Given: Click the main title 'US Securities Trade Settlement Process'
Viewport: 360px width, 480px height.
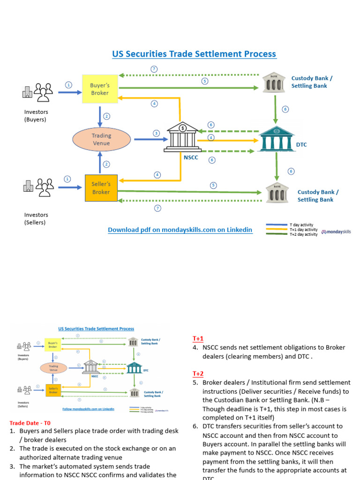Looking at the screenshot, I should pyautogui.click(x=194, y=54).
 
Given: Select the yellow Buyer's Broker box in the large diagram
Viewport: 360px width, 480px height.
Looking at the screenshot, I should pyautogui.click(x=99, y=89).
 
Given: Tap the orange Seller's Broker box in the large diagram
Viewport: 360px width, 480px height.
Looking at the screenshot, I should pyautogui.click(x=101, y=188).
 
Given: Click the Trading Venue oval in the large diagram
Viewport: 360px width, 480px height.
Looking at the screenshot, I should pyautogui.click(x=101, y=139).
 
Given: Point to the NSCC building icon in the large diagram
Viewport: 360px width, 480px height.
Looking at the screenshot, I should pyautogui.click(x=182, y=138).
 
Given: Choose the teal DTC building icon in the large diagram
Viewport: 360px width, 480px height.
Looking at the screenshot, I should pyautogui.click(x=277, y=139).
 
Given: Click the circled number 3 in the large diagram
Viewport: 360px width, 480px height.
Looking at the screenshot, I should pyautogui.click(x=157, y=134).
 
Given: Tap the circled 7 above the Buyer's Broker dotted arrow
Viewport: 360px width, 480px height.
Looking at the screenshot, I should pyautogui.click(x=154, y=69).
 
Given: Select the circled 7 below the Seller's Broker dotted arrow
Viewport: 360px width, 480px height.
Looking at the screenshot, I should pyautogui.click(x=157, y=208).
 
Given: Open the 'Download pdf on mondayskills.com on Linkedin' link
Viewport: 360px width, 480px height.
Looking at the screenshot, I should pyautogui.click(x=180, y=230).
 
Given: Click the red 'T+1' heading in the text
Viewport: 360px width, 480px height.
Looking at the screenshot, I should pyautogui.click(x=198, y=338).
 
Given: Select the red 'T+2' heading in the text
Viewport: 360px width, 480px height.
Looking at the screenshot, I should pyautogui.click(x=198, y=374).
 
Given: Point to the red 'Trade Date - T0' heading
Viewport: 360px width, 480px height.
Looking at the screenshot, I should pyautogui.click(x=30, y=423).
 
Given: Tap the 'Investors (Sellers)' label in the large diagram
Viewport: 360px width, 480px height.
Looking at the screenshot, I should pyautogui.click(x=36, y=218).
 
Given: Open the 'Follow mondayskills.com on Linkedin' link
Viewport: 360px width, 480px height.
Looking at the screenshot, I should pyautogui.click(x=88, y=409).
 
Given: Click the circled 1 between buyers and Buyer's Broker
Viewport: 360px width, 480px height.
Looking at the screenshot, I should pyautogui.click(x=69, y=85).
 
